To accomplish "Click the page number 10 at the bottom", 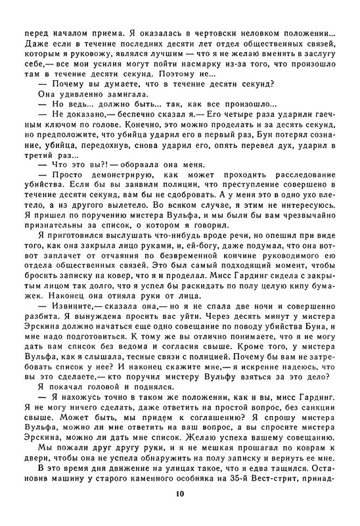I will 180,513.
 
